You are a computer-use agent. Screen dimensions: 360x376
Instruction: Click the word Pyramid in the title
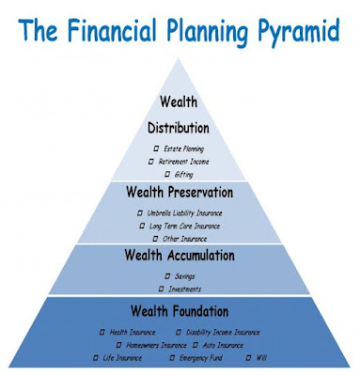[299, 31]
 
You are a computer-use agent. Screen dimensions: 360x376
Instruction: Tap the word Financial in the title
[112, 29]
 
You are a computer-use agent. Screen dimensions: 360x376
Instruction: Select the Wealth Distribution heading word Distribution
[179, 128]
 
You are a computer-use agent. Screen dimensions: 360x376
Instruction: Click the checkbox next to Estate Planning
[156, 149]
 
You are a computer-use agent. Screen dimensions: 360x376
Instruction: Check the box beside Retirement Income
[151, 162]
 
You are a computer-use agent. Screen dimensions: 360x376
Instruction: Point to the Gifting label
[183, 175]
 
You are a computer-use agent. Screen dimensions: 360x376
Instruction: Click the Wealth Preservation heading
[180, 192]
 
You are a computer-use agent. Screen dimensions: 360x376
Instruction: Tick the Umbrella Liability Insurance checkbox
[140, 213]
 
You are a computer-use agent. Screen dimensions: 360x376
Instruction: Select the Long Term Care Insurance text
[184, 226]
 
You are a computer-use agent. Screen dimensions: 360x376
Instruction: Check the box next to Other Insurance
[155, 239]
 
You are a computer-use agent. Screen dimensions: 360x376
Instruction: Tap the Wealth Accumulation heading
[180, 255]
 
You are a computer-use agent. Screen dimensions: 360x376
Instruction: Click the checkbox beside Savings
[167, 276]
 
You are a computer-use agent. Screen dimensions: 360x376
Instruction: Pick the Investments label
[185, 289]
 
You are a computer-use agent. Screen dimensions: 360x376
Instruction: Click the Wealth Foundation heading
[180, 311]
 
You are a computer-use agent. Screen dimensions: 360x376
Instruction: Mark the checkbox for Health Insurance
[102, 332]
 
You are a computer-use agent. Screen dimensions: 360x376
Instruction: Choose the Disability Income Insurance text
[223, 332]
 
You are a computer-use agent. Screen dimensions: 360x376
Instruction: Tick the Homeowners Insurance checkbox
[118, 345]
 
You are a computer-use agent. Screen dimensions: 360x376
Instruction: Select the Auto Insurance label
[223, 345]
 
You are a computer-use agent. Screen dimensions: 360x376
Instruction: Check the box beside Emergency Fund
[172, 357]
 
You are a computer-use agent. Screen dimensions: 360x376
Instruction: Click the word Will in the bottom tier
[261, 357]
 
